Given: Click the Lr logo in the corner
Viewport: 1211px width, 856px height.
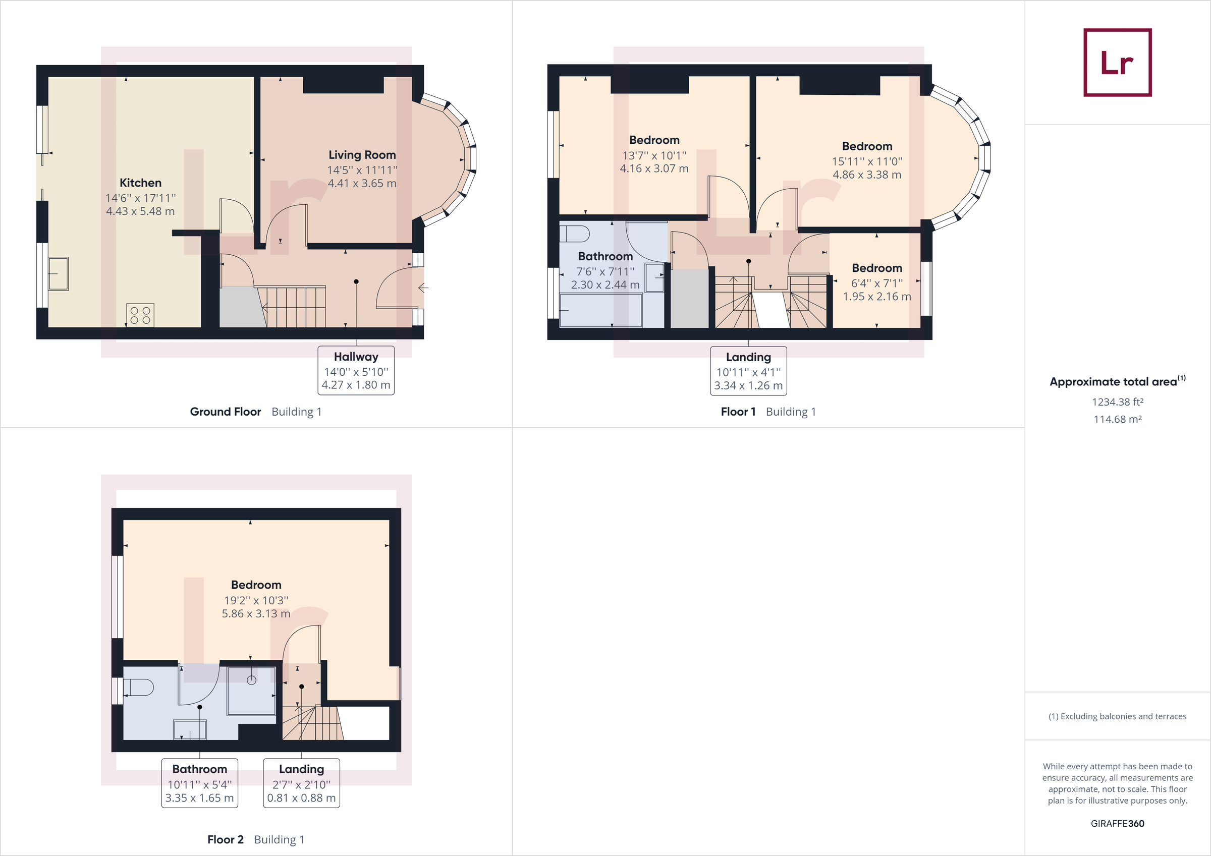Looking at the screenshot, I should coord(1117,62).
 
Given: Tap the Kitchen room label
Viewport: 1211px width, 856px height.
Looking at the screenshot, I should coord(140,183).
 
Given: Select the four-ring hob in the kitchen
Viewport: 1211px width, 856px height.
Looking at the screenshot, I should coord(140,315).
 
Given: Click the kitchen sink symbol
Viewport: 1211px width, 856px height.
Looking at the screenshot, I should coord(59,273).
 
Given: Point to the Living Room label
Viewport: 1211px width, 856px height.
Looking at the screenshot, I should coord(362,155).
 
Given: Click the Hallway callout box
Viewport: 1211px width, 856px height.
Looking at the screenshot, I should coord(356,370).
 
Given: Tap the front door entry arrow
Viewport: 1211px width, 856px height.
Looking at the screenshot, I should coord(422,288).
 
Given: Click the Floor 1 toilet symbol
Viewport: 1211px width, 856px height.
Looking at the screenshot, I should coord(575,234).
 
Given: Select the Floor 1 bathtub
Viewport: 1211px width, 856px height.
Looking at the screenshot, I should coord(601,310).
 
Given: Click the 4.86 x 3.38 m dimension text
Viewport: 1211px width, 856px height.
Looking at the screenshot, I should coord(866,175).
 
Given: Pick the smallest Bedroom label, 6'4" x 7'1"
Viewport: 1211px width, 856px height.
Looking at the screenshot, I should coord(876,268).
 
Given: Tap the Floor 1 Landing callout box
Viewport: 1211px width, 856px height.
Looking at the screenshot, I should coord(748,371).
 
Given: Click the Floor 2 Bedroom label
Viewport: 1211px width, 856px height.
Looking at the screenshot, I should coord(256,585).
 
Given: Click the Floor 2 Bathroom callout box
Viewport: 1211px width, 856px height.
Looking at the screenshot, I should coord(199,783).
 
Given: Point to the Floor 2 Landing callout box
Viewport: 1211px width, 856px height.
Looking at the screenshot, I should coord(301,783).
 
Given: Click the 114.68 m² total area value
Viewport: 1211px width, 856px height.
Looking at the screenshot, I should coord(1117,419).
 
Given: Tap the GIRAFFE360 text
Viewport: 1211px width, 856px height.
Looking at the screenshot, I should coord(1117,823).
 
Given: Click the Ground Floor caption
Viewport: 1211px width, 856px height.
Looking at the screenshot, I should coord(225,412).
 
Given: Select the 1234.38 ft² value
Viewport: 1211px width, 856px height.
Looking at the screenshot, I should coord(1117,402).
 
